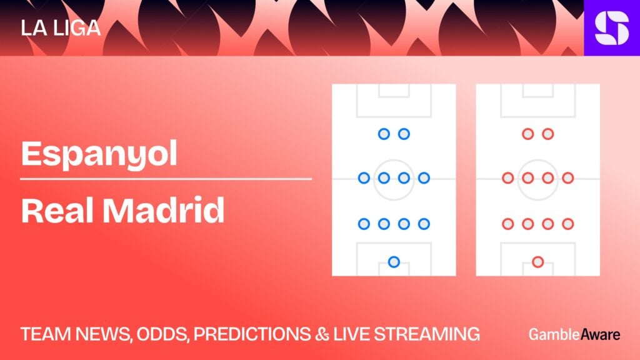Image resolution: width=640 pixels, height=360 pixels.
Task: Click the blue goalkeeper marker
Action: [x=394, y=262]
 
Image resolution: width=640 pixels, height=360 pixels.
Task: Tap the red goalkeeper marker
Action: [x=537, y=262]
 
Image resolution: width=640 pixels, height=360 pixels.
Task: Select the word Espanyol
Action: [x=99, y=154]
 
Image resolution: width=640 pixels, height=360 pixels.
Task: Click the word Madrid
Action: [x=163, y=210]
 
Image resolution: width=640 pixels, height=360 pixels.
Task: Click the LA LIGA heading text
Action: [x=61, y=27]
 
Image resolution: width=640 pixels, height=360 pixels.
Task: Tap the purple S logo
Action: [x=612, y=27]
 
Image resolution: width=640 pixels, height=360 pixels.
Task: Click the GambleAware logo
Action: [x=574, y=334]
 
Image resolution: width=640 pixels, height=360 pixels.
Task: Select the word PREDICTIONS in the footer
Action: [x=252, y=334]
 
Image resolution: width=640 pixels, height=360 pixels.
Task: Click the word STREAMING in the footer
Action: [x=426, y=334]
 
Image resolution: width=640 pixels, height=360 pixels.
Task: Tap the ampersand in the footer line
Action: [x=322, y=334]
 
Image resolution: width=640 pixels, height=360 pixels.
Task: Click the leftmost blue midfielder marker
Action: [x=364, y=178]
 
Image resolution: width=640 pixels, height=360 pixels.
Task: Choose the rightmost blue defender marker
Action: [x=424, y=224]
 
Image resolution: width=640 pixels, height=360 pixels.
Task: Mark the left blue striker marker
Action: [x=384, y=134]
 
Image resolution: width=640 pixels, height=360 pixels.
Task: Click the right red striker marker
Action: [x=547, y=134]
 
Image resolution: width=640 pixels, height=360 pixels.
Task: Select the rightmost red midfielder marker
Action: [x=567, y=178]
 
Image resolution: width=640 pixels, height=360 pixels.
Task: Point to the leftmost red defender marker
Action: [x=507, y=224]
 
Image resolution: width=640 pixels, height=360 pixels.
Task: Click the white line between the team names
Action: [x=166, y=179]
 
